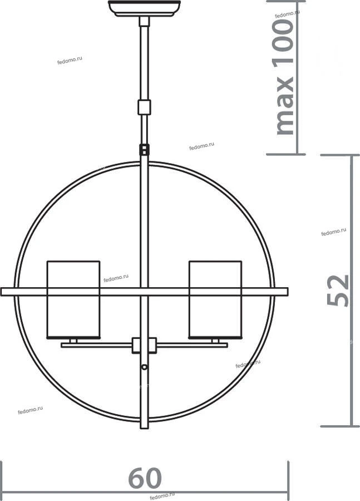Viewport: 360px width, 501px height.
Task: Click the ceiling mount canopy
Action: pyautogui.click(x=144, y=8)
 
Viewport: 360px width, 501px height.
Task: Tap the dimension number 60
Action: pyautogui.click(x=145, y=478)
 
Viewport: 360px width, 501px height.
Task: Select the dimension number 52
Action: pyautogui.click(x=338, y=291)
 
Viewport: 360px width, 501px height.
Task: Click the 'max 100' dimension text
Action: pyautogui.click(x=284, y=77)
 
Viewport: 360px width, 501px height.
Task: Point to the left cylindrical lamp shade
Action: pyautogui.click(x=73, y=299)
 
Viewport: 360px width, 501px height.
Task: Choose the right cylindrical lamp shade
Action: pyautogui.click(x=215, y=299)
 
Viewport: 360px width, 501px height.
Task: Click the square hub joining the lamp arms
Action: pyautogui.click(x=144, y=345)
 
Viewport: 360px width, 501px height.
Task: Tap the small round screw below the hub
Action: pyautogui.click(x=144, y=367)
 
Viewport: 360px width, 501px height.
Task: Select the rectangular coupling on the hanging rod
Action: pyautogui.click(x=144, y=107)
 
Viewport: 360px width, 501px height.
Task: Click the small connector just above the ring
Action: pyautogui.click(x=144, y=150)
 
